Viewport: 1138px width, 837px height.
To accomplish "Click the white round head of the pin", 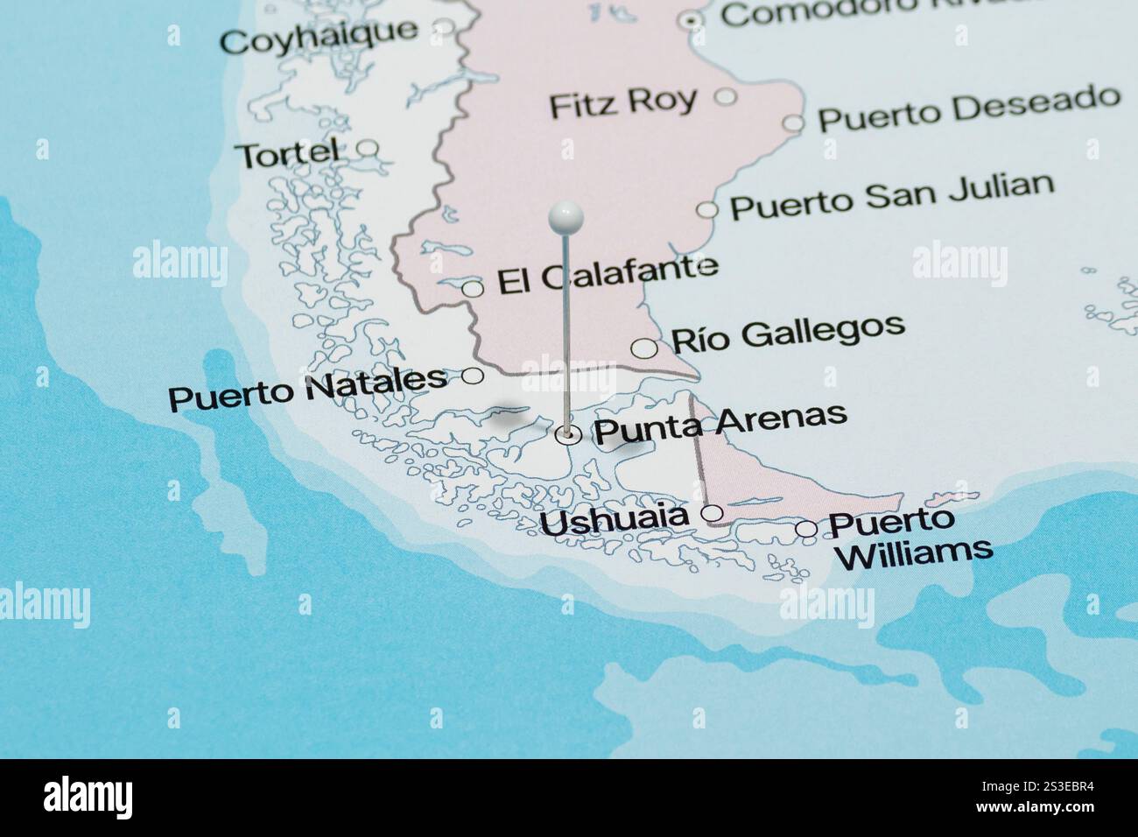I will tap(565, 215).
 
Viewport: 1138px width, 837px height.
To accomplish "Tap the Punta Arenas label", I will tap(720, 423).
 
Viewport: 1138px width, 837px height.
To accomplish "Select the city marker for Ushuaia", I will tap(713, 513).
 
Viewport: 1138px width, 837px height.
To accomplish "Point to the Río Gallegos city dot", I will tap(644, 348).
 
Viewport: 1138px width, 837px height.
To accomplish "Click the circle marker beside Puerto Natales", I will tap(473, 376).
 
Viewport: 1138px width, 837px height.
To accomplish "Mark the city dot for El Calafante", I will tap(472, 288).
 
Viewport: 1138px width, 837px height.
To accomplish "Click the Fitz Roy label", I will tap(622, 103).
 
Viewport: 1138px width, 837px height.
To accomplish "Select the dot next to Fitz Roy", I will tap(726, 96).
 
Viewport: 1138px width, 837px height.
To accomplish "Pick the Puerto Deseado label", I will tap(968, 109).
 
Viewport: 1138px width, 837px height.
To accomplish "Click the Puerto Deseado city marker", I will tap(793, 123).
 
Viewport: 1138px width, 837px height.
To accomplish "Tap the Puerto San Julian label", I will tap(891, 196).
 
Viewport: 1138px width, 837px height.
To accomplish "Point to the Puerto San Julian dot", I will tap(707, 209).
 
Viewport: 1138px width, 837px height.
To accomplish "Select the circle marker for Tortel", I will tap(369, 148).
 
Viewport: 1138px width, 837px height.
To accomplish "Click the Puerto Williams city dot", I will tap(806, 529).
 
